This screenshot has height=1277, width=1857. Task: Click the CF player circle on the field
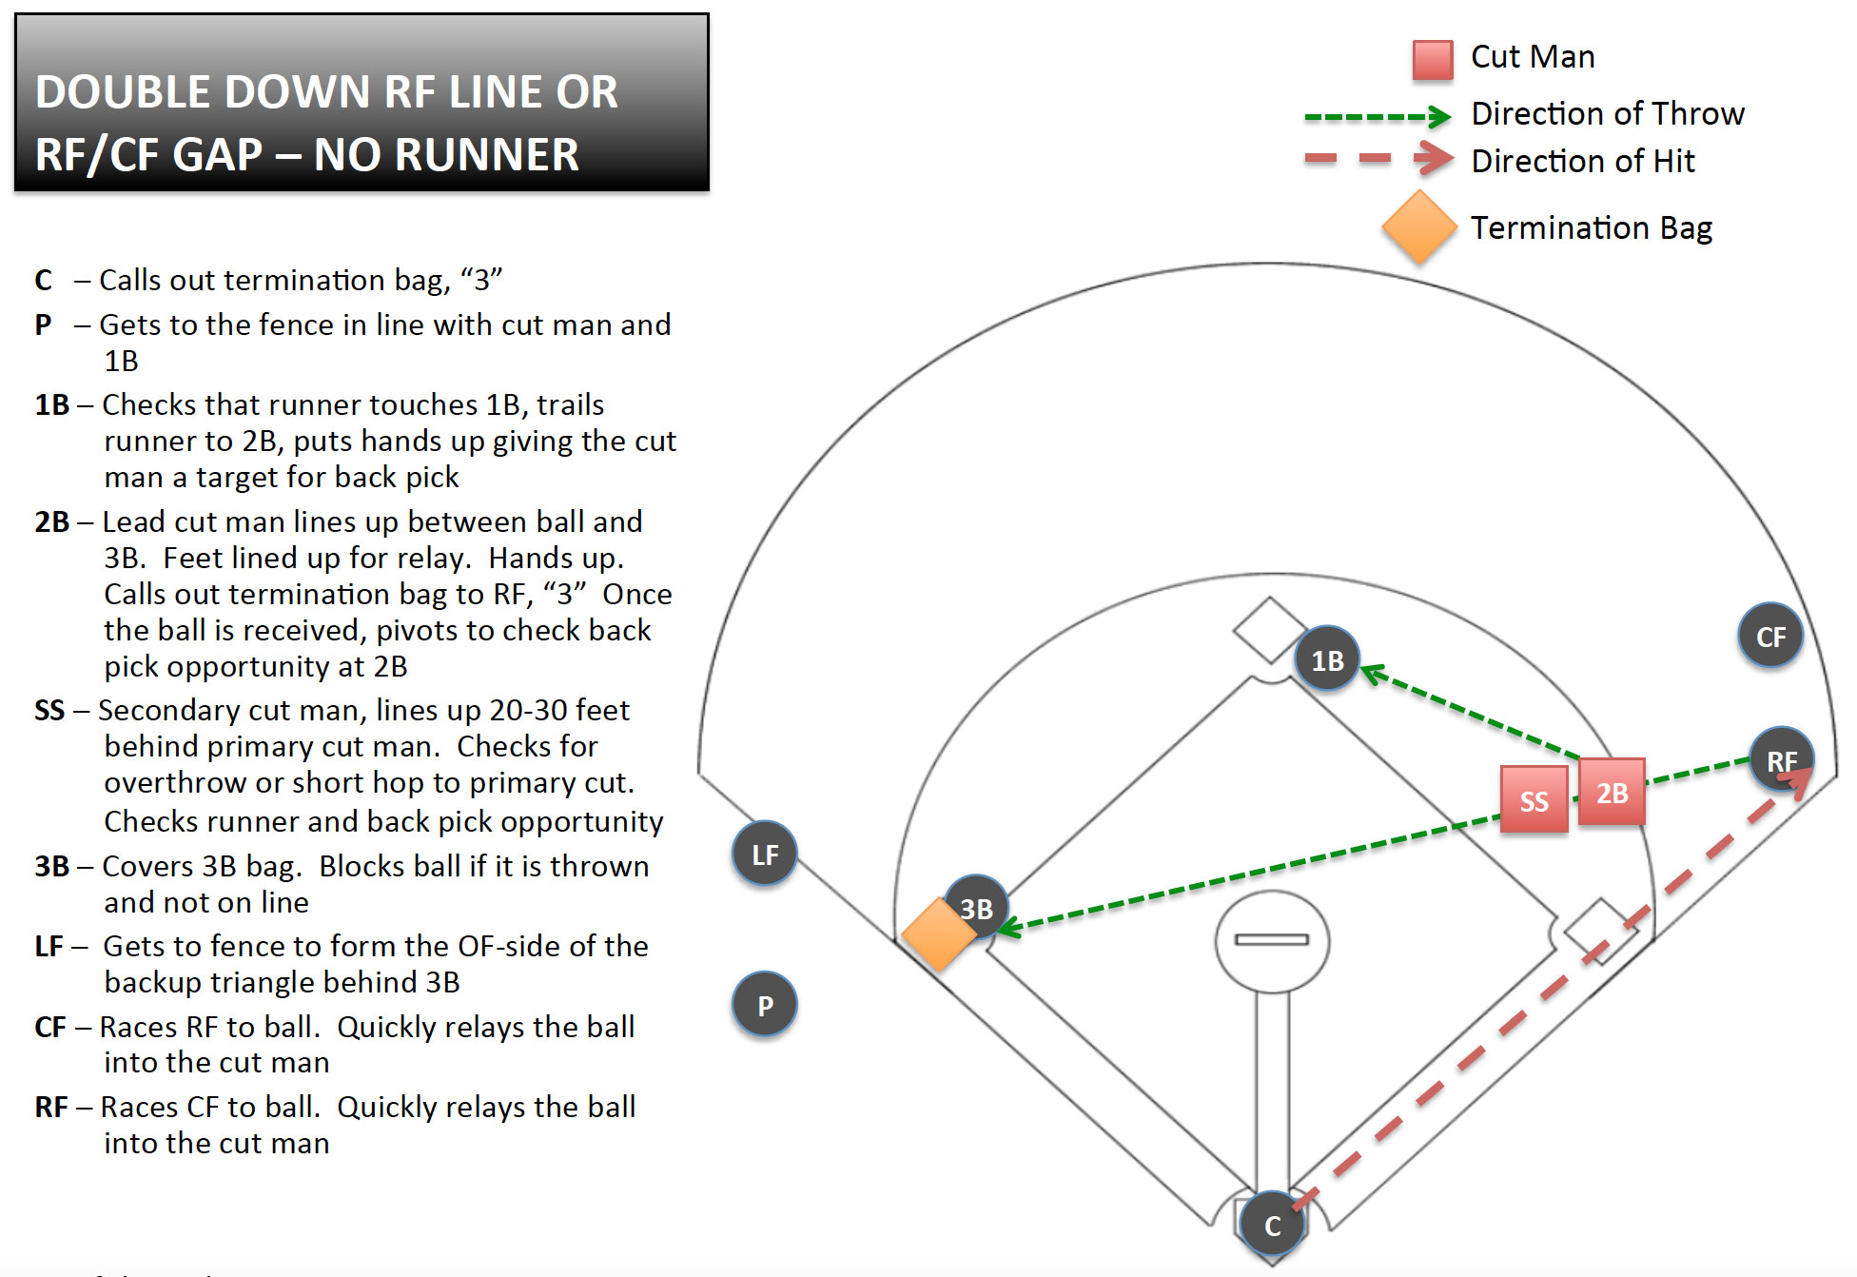tap(1769, 636)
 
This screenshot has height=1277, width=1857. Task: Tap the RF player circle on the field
tap(1781, 759)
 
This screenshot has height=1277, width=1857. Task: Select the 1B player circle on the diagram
tap(1327, 659)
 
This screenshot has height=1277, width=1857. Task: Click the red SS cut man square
tap(1534, 800)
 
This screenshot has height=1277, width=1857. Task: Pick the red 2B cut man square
tap(1612, 792)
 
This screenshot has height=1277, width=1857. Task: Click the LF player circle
tap(765, 854)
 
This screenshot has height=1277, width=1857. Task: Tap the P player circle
tap(765, 1005)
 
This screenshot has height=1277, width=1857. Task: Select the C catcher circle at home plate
tap(1272, 1225)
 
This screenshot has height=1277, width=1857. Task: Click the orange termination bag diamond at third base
tap(938, 934)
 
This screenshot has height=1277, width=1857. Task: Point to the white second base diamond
tap(1269, 629)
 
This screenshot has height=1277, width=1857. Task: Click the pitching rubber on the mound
tap(1272, 939)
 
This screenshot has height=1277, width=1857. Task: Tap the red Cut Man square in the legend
tap(1433, 59)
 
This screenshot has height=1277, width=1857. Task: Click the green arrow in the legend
tap(1377, 117)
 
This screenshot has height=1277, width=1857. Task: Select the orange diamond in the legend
tap(1419, 227)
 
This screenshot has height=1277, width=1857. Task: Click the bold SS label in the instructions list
tap(49, 711)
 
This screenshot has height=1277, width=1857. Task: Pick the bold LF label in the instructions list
tap(49, 947)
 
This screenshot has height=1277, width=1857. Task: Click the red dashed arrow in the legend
tap(1378, 159)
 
